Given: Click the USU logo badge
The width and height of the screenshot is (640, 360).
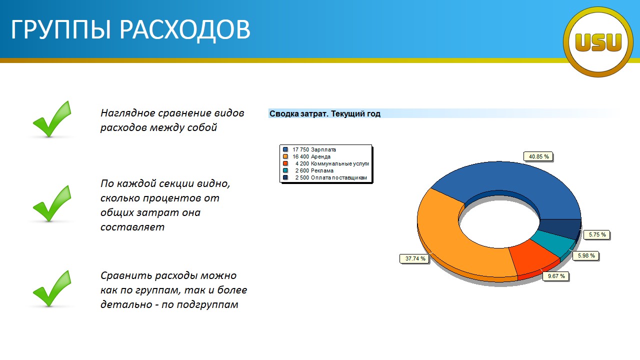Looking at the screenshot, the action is coord(598,42).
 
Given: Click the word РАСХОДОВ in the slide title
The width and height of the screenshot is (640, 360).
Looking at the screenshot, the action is coord(185,29).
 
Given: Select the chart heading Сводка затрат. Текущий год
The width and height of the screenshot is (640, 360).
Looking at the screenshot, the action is coord(325,113).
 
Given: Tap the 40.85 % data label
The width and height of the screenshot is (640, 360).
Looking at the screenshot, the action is coord(538,156).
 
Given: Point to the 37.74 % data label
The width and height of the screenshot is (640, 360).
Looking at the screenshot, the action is coord(414,258).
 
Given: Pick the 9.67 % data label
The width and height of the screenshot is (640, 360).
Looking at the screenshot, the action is coord(556,276).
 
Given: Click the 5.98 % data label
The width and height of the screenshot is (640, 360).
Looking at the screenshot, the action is coord(586,255).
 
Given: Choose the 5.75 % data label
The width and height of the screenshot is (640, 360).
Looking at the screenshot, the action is coord(597,234).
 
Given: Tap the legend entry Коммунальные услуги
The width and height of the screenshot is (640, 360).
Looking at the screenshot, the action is coord(325,163).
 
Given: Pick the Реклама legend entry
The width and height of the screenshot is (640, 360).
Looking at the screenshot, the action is coord(308,170).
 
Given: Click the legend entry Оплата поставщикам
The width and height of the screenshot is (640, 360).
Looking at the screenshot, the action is coord(325,177).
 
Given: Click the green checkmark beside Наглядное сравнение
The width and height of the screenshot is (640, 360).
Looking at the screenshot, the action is coord(52,119).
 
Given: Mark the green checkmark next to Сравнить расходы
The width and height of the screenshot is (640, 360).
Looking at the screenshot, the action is coord(52,288).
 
